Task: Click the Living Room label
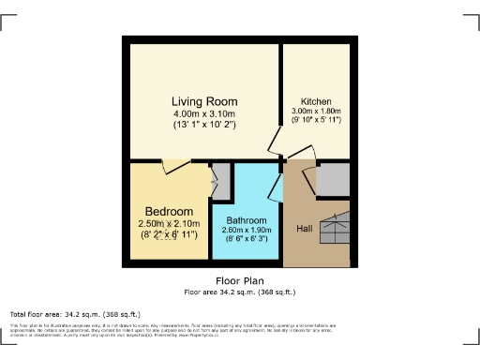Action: (x=203, y=101)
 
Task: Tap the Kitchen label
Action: (x=316, y=101)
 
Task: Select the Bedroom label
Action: (x=169, y=211)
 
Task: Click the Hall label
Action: (x=305, y=229)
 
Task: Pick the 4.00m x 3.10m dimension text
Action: (x=203, y=113)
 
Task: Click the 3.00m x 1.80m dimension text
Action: (x=316, y=112)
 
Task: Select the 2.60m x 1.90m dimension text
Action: (x=247, y=230)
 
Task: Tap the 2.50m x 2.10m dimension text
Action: (x=169, y=223)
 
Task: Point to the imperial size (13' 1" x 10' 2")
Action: (x=203, y=124)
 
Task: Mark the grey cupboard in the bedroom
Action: (x=221, y=179)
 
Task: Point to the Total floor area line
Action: (x=75, y=314)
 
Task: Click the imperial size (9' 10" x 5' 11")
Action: (x=316, y=121)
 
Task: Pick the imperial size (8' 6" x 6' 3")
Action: (x=247, y=239)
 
